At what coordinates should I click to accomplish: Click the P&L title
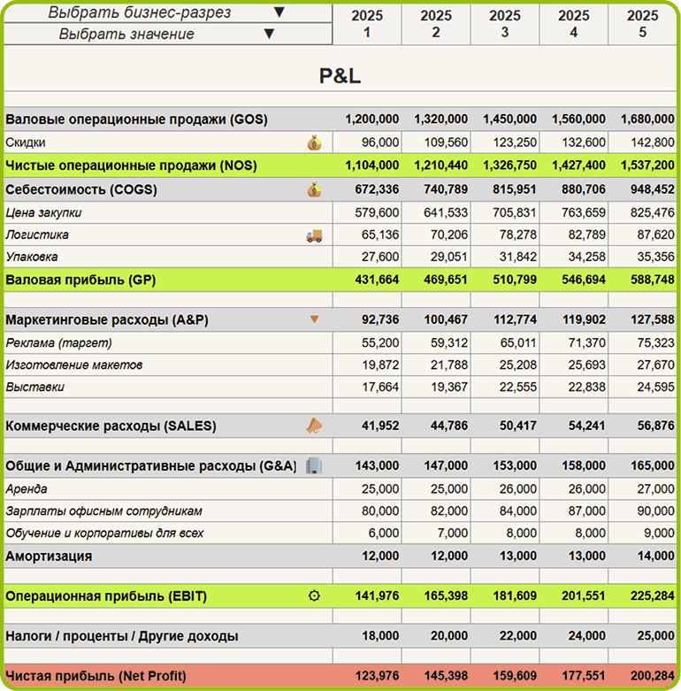coord(340,76)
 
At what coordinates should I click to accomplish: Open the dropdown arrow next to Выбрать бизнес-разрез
coord(279,12)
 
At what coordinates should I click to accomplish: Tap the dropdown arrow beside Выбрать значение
coord(269,34)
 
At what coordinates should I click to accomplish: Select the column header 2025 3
coord(505,24)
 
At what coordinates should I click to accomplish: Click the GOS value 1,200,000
coord(371,119)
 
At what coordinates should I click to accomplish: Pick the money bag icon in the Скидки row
coord(314,142)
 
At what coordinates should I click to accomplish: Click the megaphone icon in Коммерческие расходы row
coord(314,426)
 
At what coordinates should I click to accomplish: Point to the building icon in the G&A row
coord(314,465)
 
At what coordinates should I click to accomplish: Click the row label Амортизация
coord(49,556)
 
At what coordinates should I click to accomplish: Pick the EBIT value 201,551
coord(578,596)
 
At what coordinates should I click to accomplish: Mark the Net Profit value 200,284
coord(647,676)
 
